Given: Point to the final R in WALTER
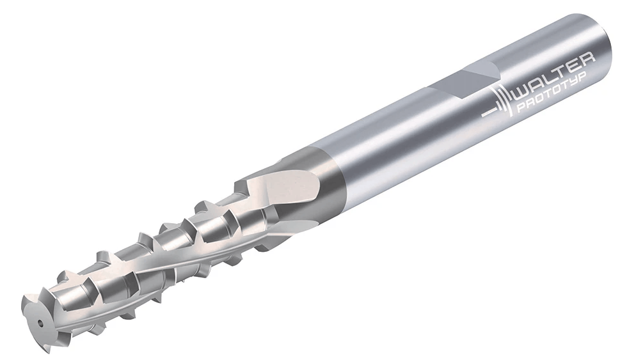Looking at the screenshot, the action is pyautogui.click(x=587, y=59).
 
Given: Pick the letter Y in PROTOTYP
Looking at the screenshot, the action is pyautogui.click(x=582, y=80).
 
